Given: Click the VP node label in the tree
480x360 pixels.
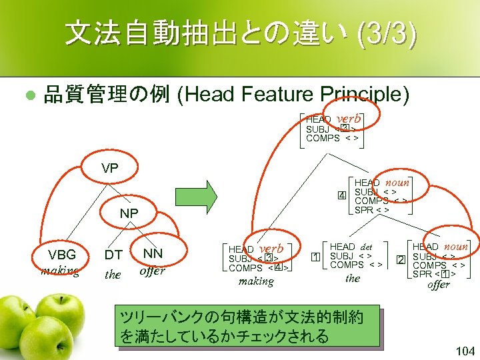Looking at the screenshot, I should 110,169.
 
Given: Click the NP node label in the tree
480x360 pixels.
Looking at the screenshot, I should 129,214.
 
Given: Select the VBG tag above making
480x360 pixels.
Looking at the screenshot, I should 61,255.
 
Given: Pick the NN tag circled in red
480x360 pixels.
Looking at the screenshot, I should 153,253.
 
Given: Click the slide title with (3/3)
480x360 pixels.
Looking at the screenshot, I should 241,33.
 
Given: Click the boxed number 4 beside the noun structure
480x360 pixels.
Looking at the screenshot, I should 341,195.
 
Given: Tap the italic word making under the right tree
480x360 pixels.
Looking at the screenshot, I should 256,282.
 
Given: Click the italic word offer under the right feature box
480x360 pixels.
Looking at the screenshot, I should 439,285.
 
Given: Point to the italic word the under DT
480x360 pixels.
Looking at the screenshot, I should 113,275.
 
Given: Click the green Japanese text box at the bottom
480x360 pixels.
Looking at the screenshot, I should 247,326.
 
